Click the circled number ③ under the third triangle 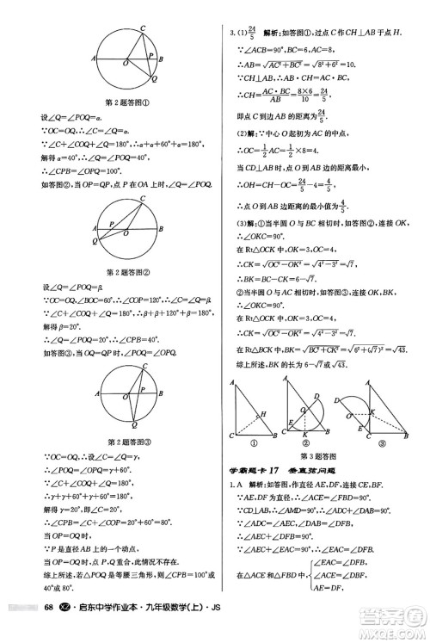(379, 444)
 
